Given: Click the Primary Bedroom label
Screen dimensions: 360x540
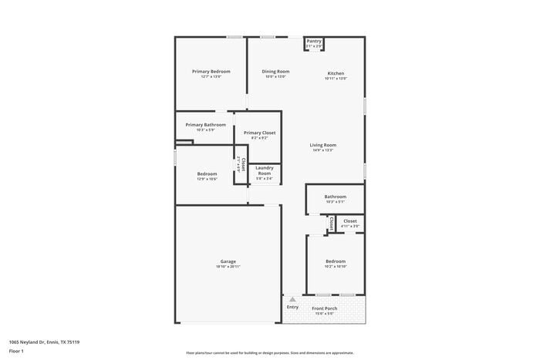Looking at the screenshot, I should (211, 72).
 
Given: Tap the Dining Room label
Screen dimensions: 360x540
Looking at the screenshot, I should (275, 72).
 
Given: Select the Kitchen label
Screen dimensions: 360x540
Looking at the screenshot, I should (336, 73).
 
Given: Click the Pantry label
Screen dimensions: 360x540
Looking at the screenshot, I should (314, 42).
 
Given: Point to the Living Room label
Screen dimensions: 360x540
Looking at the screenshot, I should (323, 145).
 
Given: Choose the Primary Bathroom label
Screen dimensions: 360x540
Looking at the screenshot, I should (205, 125).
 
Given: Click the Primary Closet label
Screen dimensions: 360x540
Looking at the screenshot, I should (259, 133).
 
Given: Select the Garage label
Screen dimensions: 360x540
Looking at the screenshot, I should (228, 261).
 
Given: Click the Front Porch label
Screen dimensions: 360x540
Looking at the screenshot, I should (324, 308).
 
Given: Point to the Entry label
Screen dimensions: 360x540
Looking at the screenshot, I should (292, 307).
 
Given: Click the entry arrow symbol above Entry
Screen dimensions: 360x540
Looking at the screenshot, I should (292, 299).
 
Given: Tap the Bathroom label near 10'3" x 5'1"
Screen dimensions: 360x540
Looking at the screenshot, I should (335, 197).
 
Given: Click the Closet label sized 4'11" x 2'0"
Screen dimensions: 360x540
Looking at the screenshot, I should (350, 220).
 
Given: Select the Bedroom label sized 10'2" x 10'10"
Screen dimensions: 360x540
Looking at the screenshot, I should (336, 261).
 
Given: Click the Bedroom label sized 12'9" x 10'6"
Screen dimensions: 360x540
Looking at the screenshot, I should (207, 173).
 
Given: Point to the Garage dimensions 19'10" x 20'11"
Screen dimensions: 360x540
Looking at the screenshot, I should (228, 267).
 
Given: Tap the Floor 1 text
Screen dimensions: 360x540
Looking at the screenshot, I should (16, 352).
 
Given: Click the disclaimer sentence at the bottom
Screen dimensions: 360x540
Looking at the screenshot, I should (269, 352).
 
